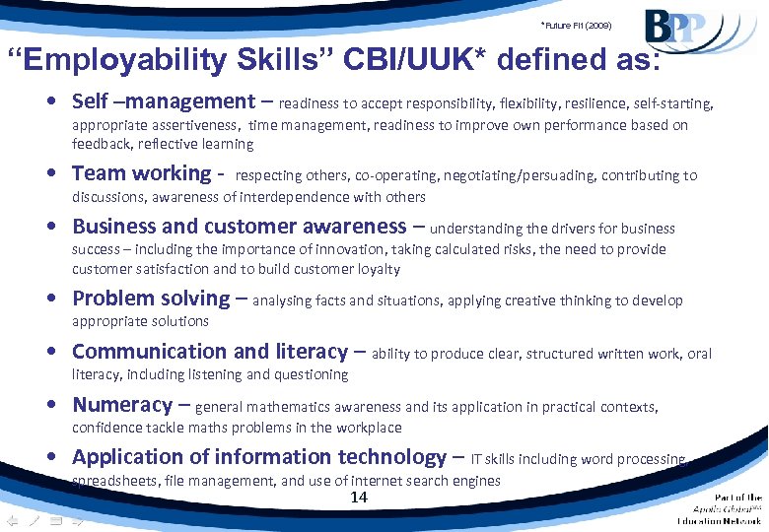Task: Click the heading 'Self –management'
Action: coord(164,100)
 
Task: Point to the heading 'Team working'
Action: coord(142,173)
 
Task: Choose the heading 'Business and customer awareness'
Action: coord(239,226)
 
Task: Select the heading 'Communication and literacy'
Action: coord(210,351)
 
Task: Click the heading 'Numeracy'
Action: coord(122,404)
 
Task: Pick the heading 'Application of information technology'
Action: coord(259,456)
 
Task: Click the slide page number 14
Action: coord(359,498)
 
